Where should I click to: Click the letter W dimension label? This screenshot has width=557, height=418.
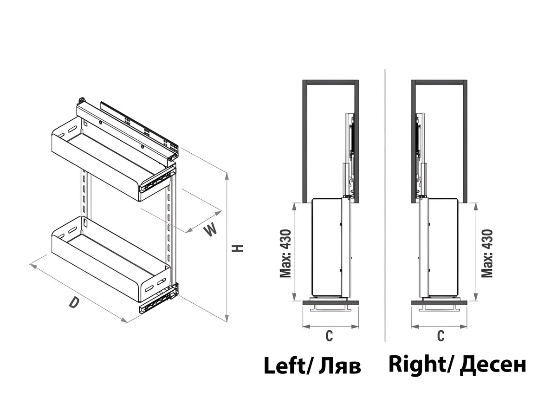[210, 229]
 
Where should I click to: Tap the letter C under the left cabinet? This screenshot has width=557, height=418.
[329, 336]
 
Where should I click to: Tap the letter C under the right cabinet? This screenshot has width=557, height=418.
[441, 335]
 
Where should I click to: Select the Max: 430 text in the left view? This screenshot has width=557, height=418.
[285, 253]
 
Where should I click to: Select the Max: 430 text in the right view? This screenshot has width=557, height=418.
[487, 253]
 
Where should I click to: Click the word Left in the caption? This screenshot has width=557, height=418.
[284, 366]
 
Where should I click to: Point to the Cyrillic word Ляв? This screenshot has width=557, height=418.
[339, 367]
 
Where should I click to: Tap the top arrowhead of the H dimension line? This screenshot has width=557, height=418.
[227, 176]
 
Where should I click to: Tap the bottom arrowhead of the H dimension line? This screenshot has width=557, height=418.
[227, 318]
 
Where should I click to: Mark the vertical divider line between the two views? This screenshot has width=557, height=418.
[385, 205]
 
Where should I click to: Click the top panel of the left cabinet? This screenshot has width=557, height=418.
[330, 82]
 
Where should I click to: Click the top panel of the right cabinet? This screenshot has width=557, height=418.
[439, 82]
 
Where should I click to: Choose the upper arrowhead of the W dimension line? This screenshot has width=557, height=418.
[219, 212]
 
